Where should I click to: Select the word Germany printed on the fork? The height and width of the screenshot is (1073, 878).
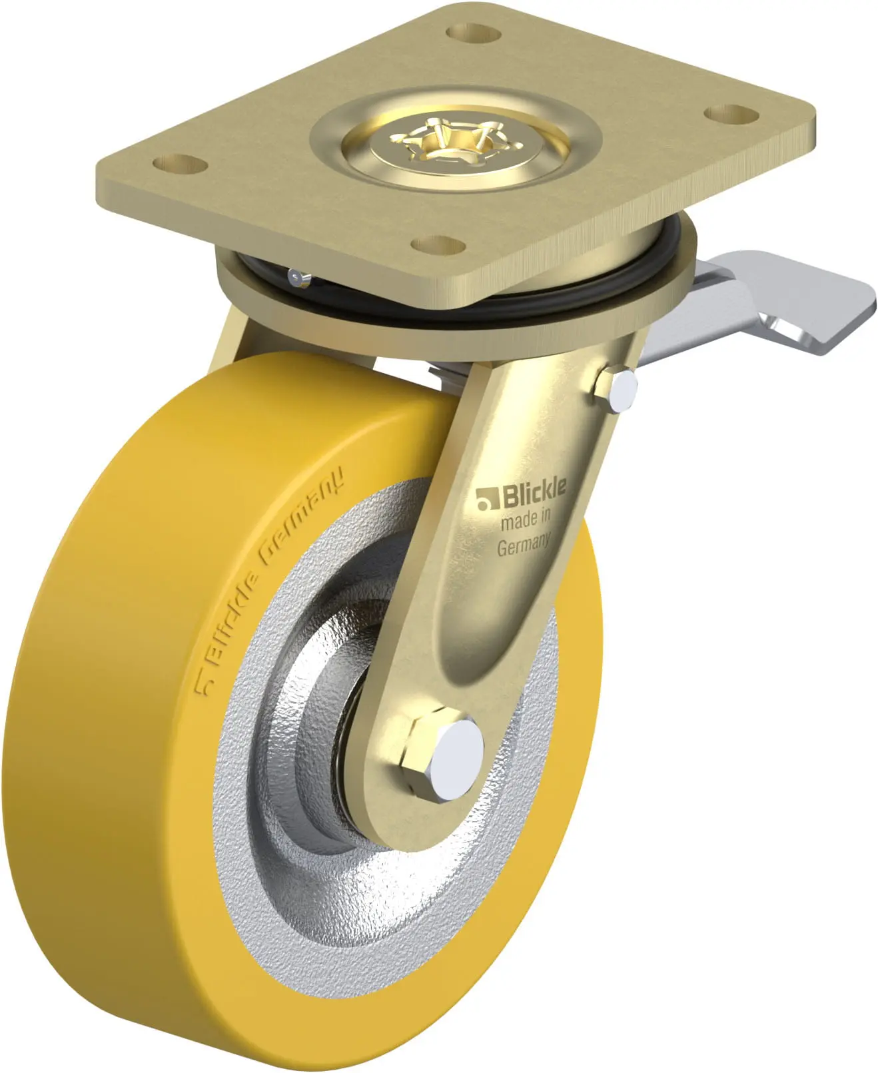tap(523, 545)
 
